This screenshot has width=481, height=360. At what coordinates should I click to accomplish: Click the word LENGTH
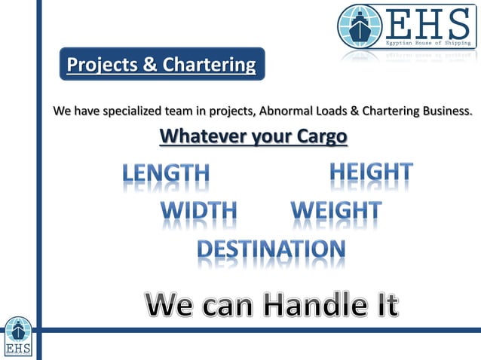[x=166, y=174]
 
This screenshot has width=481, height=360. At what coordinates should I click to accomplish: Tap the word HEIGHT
[x=371, y=172]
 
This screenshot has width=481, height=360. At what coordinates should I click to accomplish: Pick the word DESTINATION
[x=271, y=249]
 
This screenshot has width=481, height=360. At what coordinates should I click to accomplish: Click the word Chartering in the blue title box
[x=210, y=65]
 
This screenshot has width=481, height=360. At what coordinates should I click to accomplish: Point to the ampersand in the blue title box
[x=151, y=65]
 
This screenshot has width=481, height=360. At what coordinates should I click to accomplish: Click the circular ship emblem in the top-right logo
[x=360, y=26]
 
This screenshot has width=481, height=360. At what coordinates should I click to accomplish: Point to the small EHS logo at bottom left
[x=18, y=336]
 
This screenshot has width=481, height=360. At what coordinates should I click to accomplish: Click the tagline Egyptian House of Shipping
[x=428, y=44]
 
